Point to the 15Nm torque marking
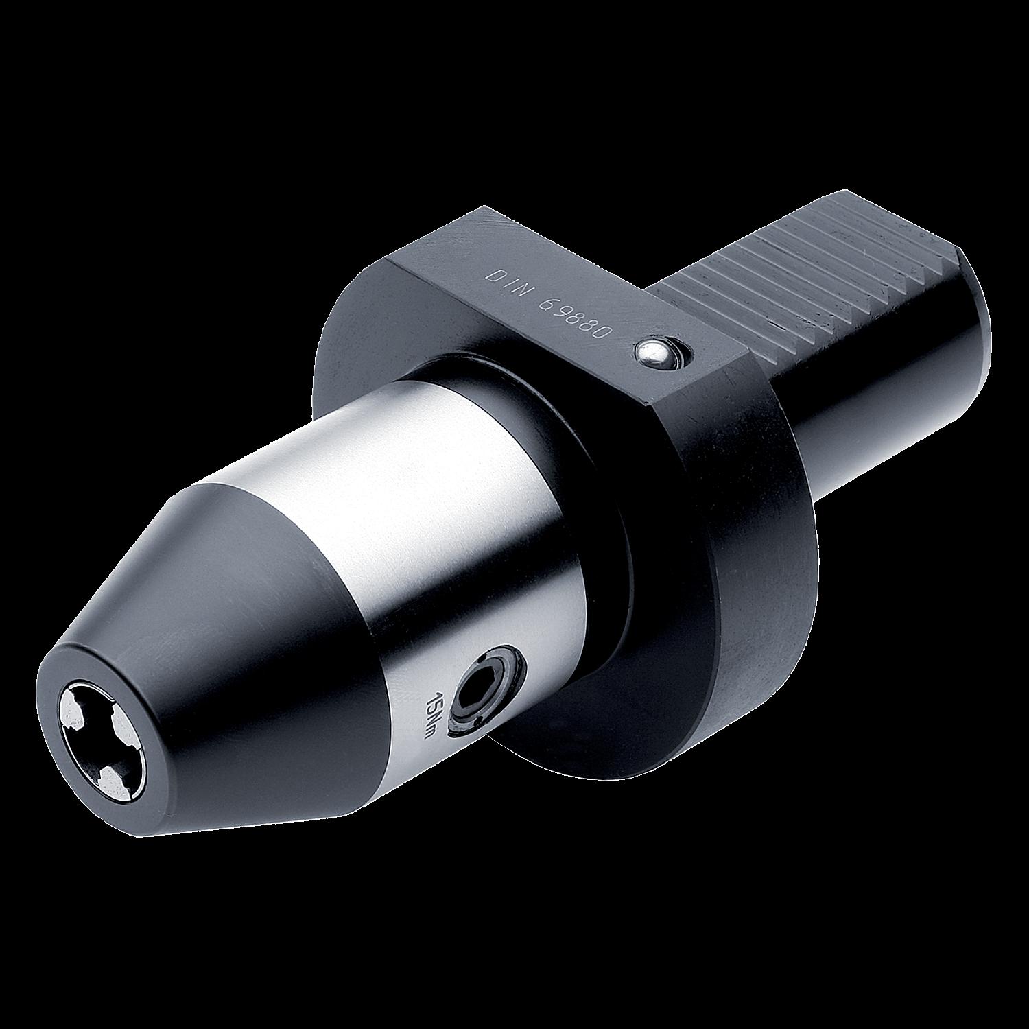click(x=434, y=713)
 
